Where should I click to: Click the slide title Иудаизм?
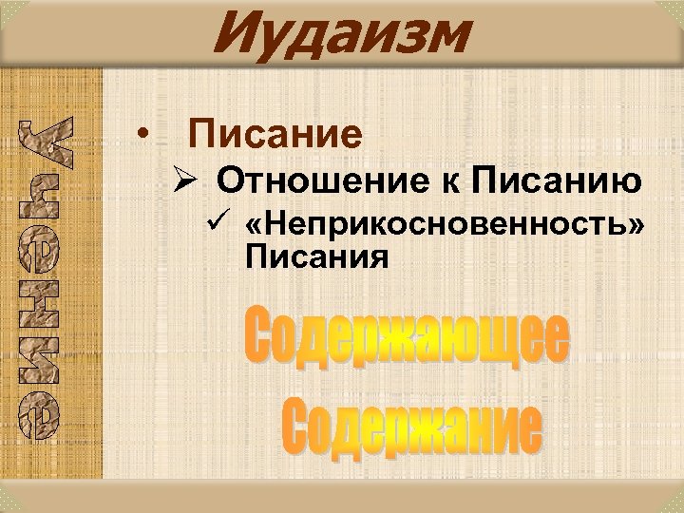click(341, 35)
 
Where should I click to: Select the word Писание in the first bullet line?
click(275, 135)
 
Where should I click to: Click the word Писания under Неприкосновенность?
click(316, 256)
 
